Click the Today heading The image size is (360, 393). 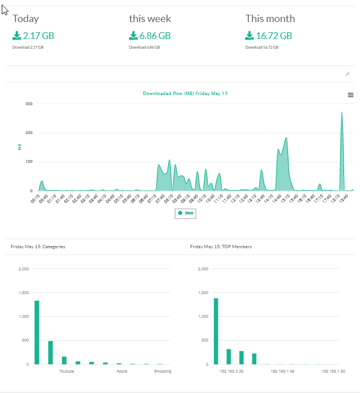tap(25, 19)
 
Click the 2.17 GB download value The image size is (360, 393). tap(38, 36)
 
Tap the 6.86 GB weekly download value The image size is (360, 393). tap(155, 36)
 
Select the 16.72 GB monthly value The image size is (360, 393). tap(274, 36)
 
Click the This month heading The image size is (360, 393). tap(270, 19)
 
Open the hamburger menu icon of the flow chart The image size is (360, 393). tap(350, 95)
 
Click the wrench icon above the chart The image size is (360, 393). tap(348, 74)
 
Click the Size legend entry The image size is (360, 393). tap(185, 213)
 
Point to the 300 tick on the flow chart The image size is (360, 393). tap(28, 104)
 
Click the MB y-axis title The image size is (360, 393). tap(20, 147)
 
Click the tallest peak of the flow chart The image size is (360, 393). tap(342, 113)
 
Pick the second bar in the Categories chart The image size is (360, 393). tap(50, 352)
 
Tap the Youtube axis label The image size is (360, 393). tap(67, 372)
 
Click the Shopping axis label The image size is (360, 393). tap(162, 372)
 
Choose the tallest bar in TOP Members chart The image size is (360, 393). tap(216, 331)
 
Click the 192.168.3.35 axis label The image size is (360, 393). tap(232, 372)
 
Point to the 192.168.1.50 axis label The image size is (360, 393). tap(334, 372)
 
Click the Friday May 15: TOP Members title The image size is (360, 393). tap(221, 247)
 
